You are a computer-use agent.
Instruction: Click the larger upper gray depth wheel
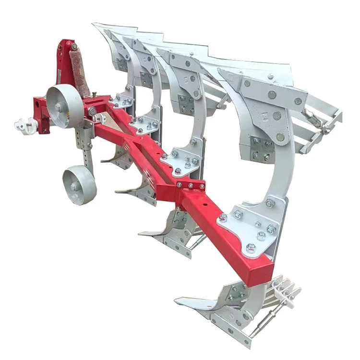click(64, 106)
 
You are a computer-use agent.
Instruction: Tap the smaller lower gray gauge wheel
click(79, 185)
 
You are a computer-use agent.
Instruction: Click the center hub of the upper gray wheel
click(59, 107)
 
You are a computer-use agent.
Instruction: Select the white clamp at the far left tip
click(22, 126)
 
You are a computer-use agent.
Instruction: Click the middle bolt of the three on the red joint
click(191, 185)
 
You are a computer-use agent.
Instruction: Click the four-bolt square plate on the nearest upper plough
click(262, 148)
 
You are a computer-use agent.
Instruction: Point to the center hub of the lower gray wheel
click(75, 186)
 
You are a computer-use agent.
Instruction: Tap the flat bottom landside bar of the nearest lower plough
click(230, 331)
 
